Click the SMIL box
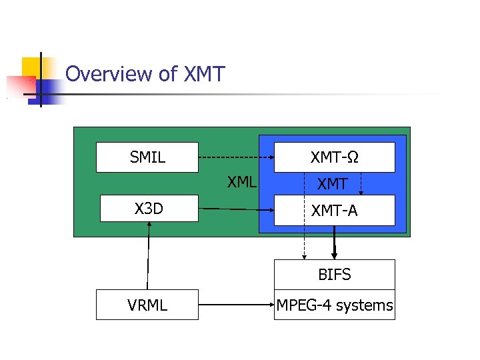[147, 157]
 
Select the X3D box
[149, 209]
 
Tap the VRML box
[147, 305]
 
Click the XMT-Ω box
[335, 157]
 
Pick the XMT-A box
[335, 211]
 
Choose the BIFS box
[335, 274]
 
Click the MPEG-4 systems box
[335, 305]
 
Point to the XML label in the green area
[241, 181]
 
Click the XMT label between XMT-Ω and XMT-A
[332, 183]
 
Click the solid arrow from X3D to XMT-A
[237, 209]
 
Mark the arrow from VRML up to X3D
[148, 257]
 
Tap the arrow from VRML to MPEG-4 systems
[237, 305]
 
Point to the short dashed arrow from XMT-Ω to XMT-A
[361, 183]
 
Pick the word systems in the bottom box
[364, 305]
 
